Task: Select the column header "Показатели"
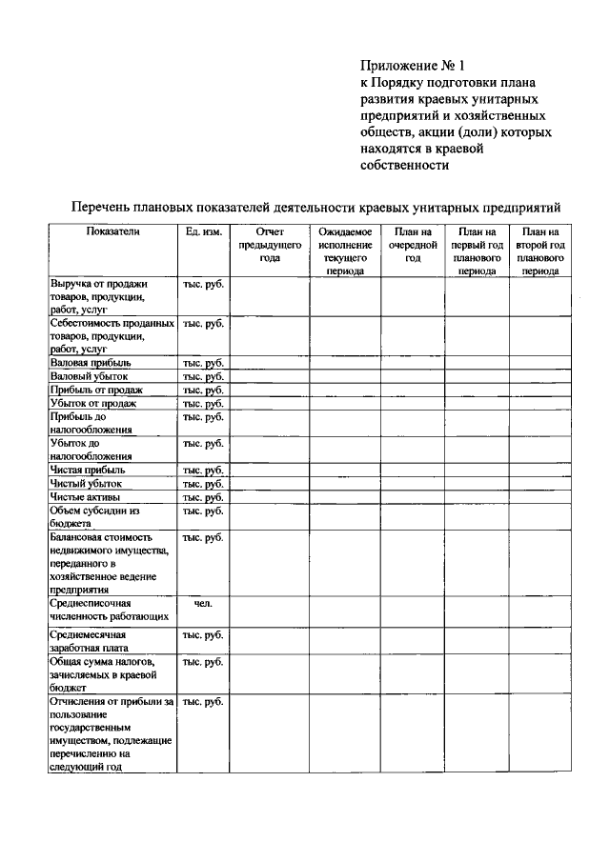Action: click(112, 231)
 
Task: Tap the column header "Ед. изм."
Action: click(202, 231)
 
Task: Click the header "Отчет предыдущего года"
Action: click(269, 245)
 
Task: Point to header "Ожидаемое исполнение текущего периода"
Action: click(344, 251)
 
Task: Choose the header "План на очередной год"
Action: click(413, 245)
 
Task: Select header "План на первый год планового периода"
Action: click(477, 251)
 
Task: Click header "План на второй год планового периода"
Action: click(540, 251)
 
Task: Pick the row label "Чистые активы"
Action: click(87, 497)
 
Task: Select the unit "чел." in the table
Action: click(202, 603)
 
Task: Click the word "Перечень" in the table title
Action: click(108, 207)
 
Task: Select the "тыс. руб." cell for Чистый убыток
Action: click(202, 484)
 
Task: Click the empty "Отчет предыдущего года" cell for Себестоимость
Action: click(269, 336)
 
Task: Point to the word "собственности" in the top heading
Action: click(404, 165)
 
